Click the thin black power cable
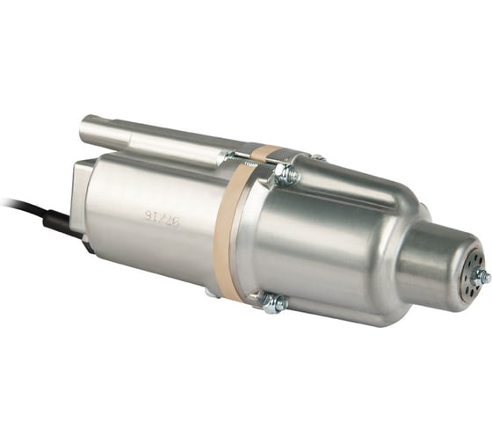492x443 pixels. click(18, 206)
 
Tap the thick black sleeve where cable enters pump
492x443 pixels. click(54, 221)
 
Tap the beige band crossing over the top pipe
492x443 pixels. click(267, 152)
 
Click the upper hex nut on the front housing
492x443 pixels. click(287, 175)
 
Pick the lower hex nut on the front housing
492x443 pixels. click(274, 304)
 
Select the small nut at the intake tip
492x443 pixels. click(481, 278)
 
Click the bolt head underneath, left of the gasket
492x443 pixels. click(210, 291)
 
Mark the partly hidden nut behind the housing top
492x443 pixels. click(317, 158)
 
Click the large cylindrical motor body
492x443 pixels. click(158, 220)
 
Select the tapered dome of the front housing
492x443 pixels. click(351, 237)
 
